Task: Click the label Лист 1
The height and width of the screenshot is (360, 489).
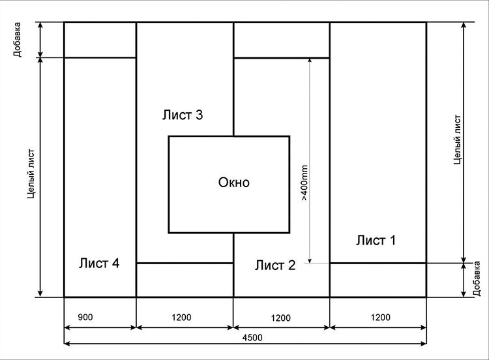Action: click(376, 241)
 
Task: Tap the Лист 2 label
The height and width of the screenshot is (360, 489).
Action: click(275, 265)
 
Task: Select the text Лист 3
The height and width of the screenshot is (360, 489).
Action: click(183, 115)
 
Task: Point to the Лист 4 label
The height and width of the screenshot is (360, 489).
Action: click(99, 263)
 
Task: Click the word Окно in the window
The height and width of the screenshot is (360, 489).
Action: click(234, 183)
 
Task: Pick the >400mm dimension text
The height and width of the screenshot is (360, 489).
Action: click(304, 183)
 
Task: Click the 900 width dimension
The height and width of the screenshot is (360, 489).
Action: click(85, 317)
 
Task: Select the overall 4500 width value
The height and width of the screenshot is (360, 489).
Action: click(252, 338)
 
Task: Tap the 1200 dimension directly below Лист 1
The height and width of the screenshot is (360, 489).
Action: click(381, 318)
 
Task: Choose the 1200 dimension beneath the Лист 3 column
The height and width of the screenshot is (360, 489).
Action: click(181, 318)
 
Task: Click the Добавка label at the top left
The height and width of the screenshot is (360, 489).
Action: click(17, 39)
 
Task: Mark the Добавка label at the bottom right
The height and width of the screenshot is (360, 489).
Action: click(477, 278)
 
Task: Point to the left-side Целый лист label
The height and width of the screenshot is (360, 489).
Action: click(31, 173)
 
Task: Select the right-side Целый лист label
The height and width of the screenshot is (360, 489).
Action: click(457, 140)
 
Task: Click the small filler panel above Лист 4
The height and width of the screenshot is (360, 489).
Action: click(100, 40)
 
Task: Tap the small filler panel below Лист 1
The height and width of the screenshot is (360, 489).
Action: click(378, 280)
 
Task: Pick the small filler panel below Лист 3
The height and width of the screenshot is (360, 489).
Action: click(185, 280)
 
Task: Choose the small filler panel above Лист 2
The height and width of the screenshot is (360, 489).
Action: click(282, 40)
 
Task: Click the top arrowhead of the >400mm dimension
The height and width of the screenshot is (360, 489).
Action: click(310, 61)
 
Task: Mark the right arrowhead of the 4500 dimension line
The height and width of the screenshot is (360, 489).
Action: click(424, 344)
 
